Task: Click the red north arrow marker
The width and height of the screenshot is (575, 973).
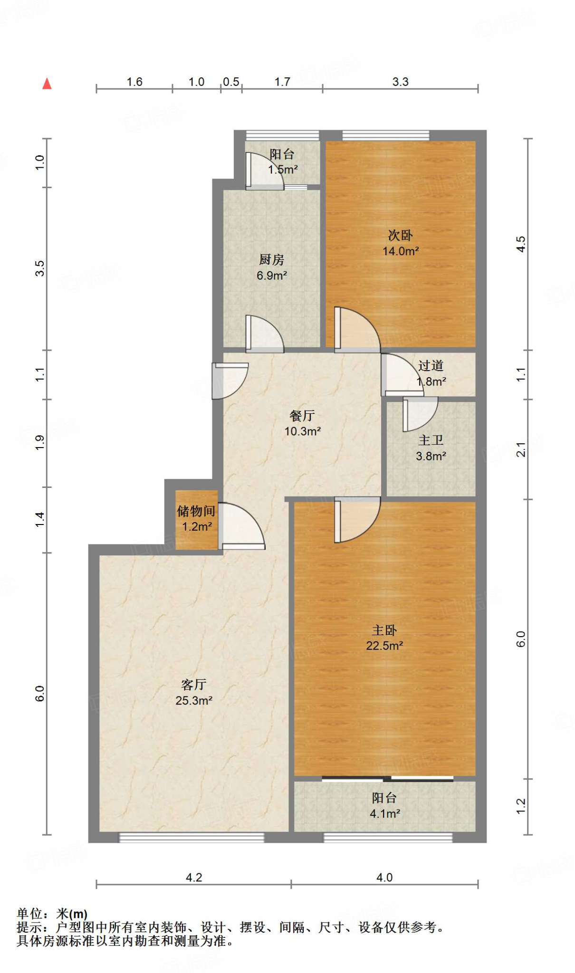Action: [x=47, y=84]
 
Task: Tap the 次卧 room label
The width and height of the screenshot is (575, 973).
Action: [x=400, y=235]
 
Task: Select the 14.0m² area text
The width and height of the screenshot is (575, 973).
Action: [x=401, y=251]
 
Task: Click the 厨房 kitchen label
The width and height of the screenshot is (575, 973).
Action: [x=271, y=259]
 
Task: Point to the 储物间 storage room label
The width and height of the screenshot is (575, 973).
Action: [x=196, y=511]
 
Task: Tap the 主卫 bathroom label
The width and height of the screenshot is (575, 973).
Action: [x=431, y=440]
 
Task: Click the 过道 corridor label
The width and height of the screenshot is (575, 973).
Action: [x=431, y=365]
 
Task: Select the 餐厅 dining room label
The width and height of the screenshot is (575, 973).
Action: [x=302, y=416]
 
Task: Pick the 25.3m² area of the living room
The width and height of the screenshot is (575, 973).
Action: [x=193, y=700]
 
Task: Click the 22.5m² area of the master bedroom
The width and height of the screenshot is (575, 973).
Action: [x=384, y=646]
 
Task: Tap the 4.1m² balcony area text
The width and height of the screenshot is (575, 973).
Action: [x=384, y=813]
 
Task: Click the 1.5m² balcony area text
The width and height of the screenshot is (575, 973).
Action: [x=283, y=169]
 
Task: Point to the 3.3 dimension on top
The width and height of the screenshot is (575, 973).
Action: [x=400, y=82]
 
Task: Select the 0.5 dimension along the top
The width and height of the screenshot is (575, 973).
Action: [x=231, y=82]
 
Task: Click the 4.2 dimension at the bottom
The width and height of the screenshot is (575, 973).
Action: [x=193, y=878]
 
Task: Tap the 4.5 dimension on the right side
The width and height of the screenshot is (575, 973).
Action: [x=521, y=244]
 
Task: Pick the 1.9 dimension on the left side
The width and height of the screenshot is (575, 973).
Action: [x=40, y=443]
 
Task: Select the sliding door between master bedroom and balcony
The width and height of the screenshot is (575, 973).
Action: [x=387, y=778]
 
